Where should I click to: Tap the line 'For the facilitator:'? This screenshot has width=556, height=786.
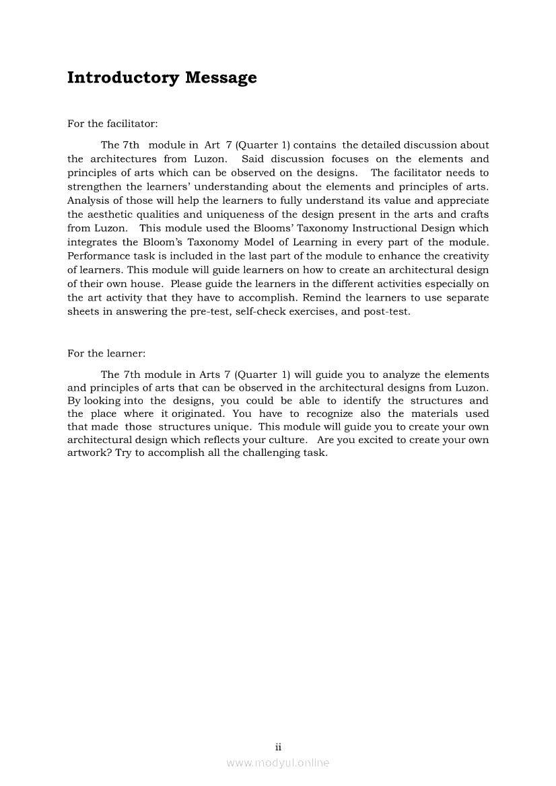pos(112,124)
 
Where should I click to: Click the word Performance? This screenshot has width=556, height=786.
pos(95,256)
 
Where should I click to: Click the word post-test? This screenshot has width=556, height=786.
pos(387,312)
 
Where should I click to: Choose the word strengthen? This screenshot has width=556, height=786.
pos(94,187)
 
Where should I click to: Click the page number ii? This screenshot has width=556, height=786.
pos(278,746)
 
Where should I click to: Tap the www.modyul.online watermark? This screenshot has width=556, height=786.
pos(278,763)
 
